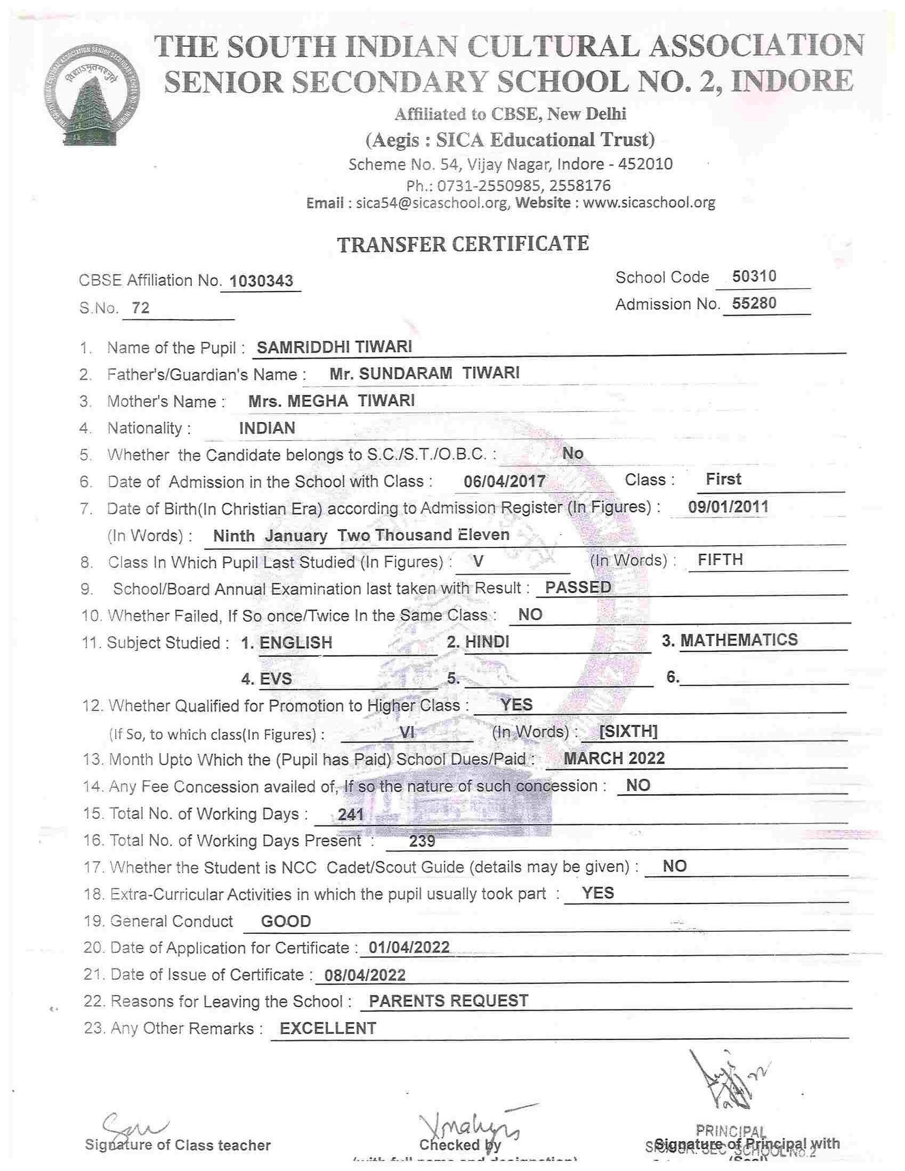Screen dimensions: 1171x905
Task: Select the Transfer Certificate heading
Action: click(x=463, y=244)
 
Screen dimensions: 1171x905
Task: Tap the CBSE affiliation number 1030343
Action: click(x=261, y=280)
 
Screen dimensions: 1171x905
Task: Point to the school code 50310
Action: click(x=754, y=276)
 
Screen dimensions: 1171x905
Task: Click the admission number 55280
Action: click(x=754, y=303)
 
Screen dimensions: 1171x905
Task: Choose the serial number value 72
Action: click(x=141, y=308)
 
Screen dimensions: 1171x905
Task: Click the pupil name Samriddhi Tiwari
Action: click(x=335, y=347)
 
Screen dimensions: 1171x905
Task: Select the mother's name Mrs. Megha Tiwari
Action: click(x=332, y=400)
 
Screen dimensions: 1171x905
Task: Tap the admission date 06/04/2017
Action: click(x=505, y=481)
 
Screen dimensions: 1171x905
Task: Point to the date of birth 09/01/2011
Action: click(x=728, y=507)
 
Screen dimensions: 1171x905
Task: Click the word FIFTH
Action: click(x=720, y=560)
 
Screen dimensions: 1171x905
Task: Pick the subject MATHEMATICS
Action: click(x=739, y=640)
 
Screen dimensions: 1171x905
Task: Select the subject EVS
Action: click(x=276, y=679)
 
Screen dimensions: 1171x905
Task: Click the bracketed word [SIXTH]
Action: click(x=628, y=731)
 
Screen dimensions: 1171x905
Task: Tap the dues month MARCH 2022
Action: click(x=615, y=758)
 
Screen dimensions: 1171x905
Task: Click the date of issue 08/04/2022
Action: click(x=365, y=975)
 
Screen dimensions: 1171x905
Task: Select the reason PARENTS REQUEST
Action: click(x=448, y=1001)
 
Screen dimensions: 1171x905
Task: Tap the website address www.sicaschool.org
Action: click(x=649, y=203)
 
